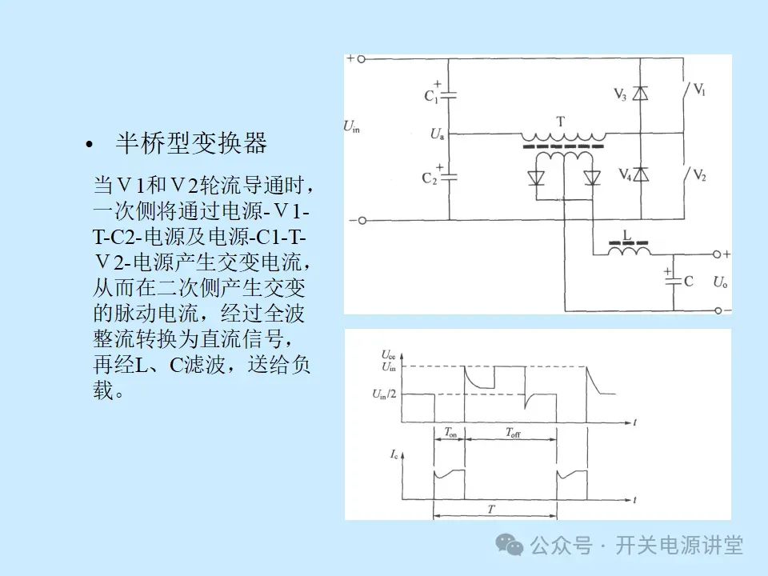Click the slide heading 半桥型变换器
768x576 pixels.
[191, 144]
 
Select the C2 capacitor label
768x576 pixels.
[430, 178]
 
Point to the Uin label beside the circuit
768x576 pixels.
[351, 125]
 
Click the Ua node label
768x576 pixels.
[438, 134]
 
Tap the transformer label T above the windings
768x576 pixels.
[561, 122]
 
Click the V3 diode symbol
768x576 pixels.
[639, 94]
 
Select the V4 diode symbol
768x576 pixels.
[639, 174]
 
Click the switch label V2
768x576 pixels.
[699, 174]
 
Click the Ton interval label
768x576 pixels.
[450, 432]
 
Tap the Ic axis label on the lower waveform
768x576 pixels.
[394, 454]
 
